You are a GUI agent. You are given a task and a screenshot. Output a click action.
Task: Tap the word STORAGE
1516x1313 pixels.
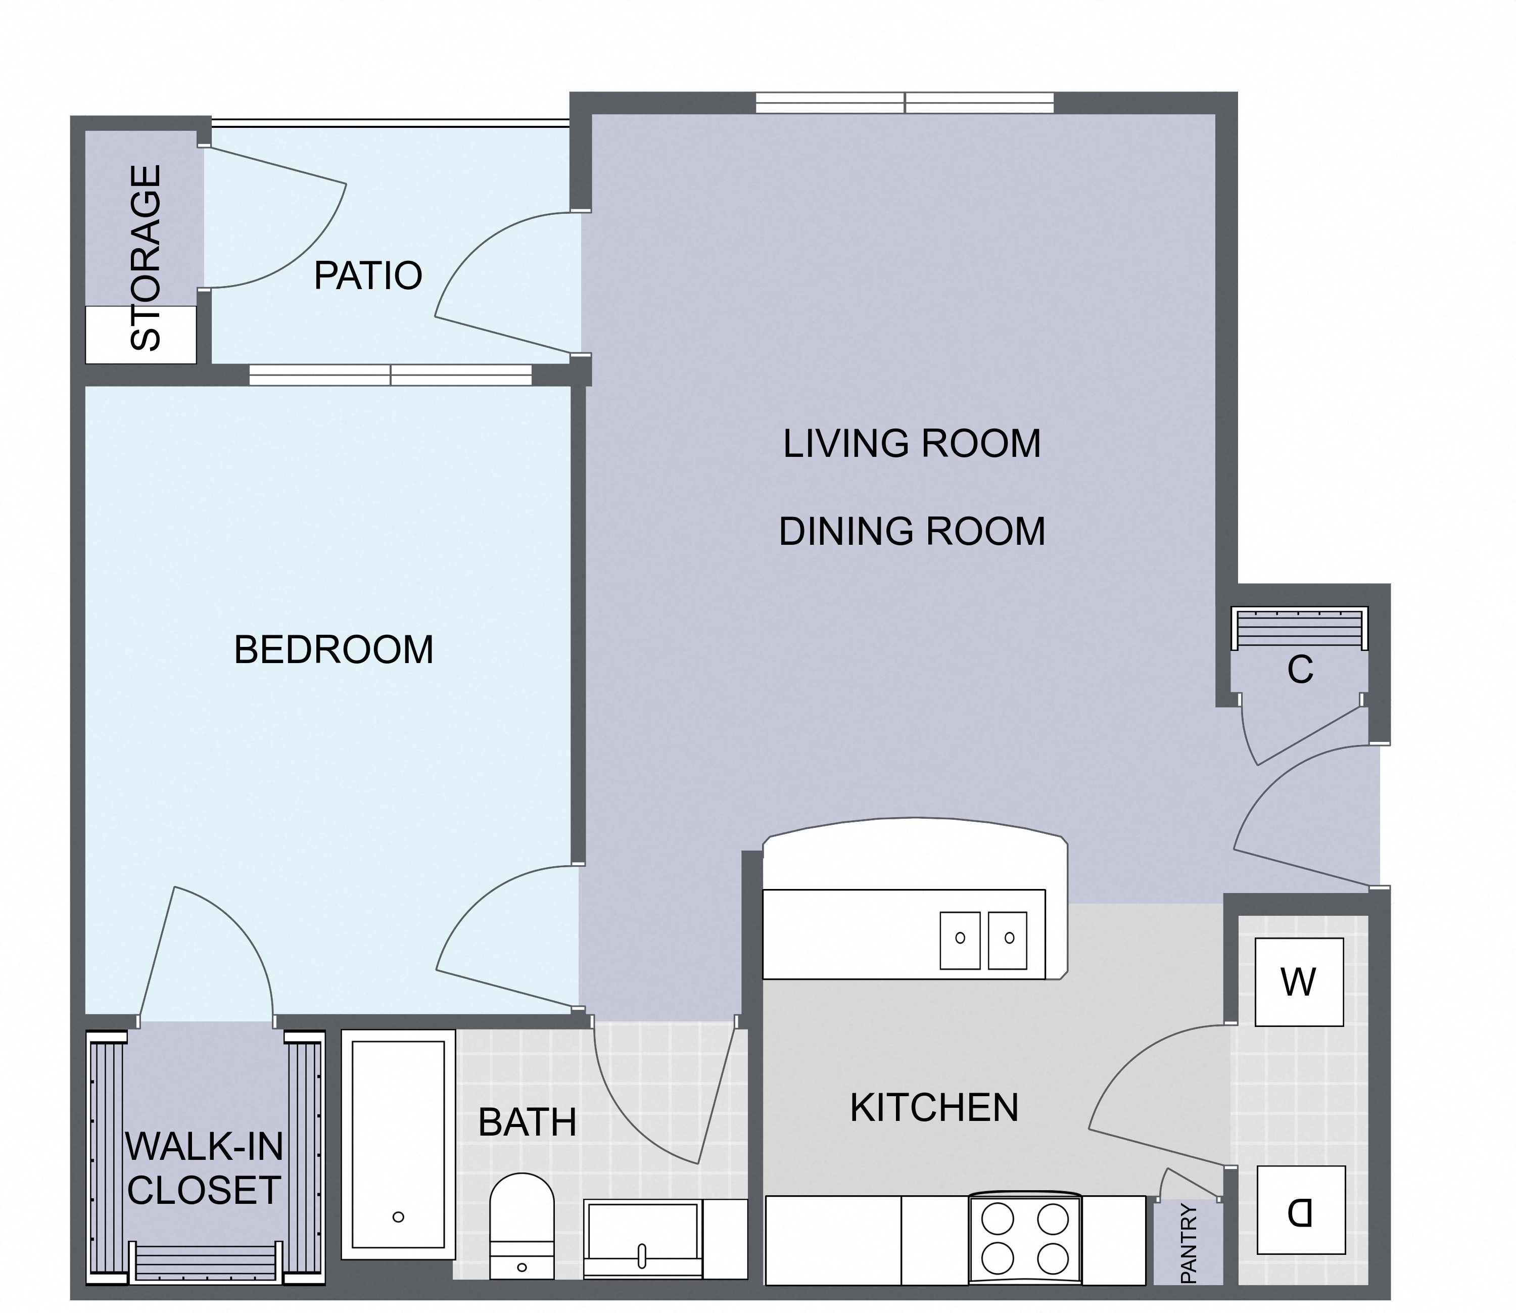tap(146, 257)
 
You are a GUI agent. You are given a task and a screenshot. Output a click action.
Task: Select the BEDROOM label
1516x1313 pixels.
tap(334, 650)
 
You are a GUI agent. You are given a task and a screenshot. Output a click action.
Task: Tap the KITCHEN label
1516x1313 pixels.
tap(934, 1107)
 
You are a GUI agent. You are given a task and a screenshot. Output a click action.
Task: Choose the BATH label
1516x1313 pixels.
tap(528, 1122)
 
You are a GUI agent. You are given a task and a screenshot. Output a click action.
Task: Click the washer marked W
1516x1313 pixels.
tap(1299, 982)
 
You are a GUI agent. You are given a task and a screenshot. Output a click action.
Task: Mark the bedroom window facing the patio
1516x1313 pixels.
tap(391, 375)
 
